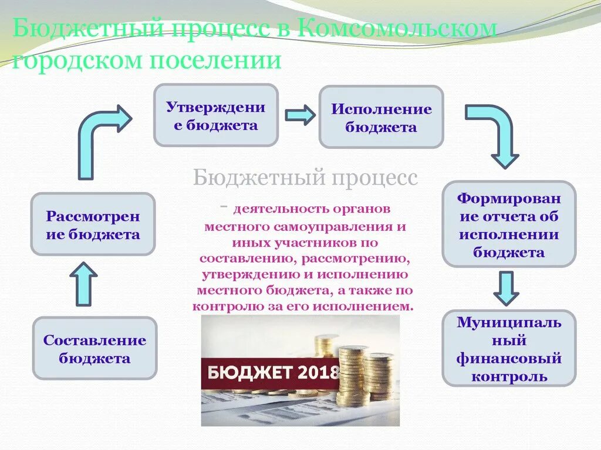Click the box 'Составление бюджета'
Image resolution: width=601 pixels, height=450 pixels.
(94, 349)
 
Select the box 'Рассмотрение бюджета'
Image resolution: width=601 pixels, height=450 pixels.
(93, 225)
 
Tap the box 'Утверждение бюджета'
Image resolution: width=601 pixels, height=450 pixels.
(215, 115)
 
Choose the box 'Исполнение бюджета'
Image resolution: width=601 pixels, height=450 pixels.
(381, 117)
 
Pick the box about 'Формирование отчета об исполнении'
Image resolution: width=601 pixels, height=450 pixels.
(509, 224)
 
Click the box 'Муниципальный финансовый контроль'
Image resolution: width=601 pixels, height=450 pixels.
(509, 349)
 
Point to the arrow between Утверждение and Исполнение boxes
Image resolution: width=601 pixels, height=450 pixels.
(299, 115)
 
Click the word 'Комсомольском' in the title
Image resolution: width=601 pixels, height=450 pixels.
(397, 29)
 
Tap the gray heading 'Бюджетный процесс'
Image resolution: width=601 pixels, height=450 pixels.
(305, 177)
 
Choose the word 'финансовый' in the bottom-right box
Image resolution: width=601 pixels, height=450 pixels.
(509, 357)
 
